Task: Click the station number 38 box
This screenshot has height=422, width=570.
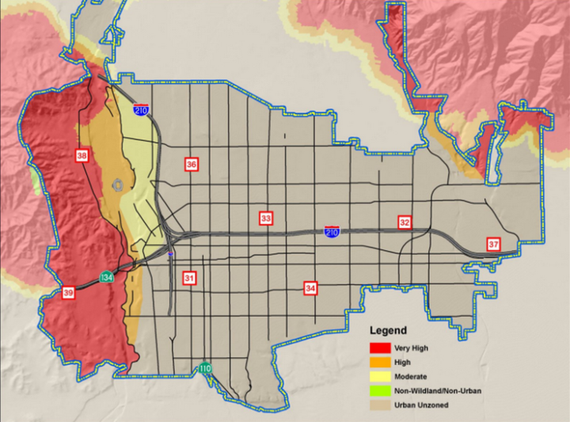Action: [x=82, y=156]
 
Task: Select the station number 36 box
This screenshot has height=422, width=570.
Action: [x=191, y=164]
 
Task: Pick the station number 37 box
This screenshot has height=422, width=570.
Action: [x=493, y=244]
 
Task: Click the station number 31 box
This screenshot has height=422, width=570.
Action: [x=188, y=278]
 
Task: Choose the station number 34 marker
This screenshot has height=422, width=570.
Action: [x=310, y=288]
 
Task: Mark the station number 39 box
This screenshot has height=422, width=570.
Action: [x=69, y=294]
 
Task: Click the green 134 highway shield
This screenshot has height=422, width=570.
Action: [x=106, y=276]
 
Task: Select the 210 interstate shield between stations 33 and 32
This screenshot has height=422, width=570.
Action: [x=332, y=230]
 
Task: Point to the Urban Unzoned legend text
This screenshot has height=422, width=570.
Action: [x=431, y=405]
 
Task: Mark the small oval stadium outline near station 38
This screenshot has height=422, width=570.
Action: [x=118, y=184]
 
